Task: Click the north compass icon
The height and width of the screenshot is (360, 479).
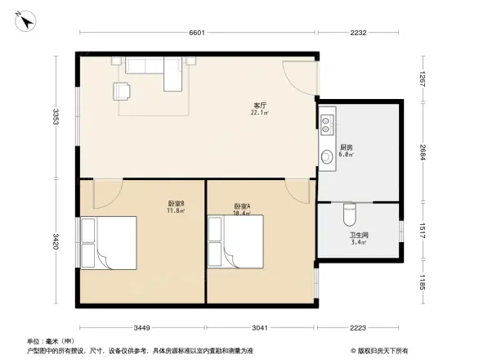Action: (27, 22)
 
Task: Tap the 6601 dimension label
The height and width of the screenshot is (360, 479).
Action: (197, 34)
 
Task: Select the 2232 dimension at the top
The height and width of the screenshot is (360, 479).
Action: (358, 34)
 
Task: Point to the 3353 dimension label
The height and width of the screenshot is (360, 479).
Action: (55, 117)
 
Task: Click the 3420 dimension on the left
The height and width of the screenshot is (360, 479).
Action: (55, 242)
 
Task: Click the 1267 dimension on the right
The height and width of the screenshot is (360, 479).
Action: (423, 80)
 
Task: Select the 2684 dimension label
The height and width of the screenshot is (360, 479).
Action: (423, 152)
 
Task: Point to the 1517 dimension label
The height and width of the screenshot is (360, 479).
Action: (423, 229)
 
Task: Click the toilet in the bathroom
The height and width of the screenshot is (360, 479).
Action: (350, 216)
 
